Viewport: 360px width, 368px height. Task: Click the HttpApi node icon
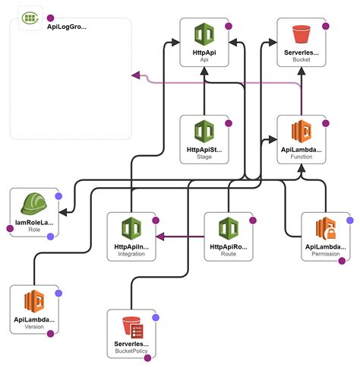point(204,36)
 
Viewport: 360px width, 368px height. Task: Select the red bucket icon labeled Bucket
point(302,35)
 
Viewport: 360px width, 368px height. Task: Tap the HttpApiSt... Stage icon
point(204,129)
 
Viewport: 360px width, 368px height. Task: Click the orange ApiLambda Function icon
point(302,129)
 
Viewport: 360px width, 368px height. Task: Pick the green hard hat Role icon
point(34,202)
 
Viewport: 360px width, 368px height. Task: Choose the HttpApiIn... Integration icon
point(131,227)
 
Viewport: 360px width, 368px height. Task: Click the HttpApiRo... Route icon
point(229,227)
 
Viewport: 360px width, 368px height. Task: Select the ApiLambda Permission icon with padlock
point(326,227)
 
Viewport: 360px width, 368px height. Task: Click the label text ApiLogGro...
point(66,27)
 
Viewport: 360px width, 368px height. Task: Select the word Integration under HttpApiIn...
point(131,254)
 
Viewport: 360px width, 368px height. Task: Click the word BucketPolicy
point(131,352)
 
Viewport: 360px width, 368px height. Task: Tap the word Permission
point(326,254)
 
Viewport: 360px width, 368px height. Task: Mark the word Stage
point(204,157)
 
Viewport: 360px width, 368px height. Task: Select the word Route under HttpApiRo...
point(229,254)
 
